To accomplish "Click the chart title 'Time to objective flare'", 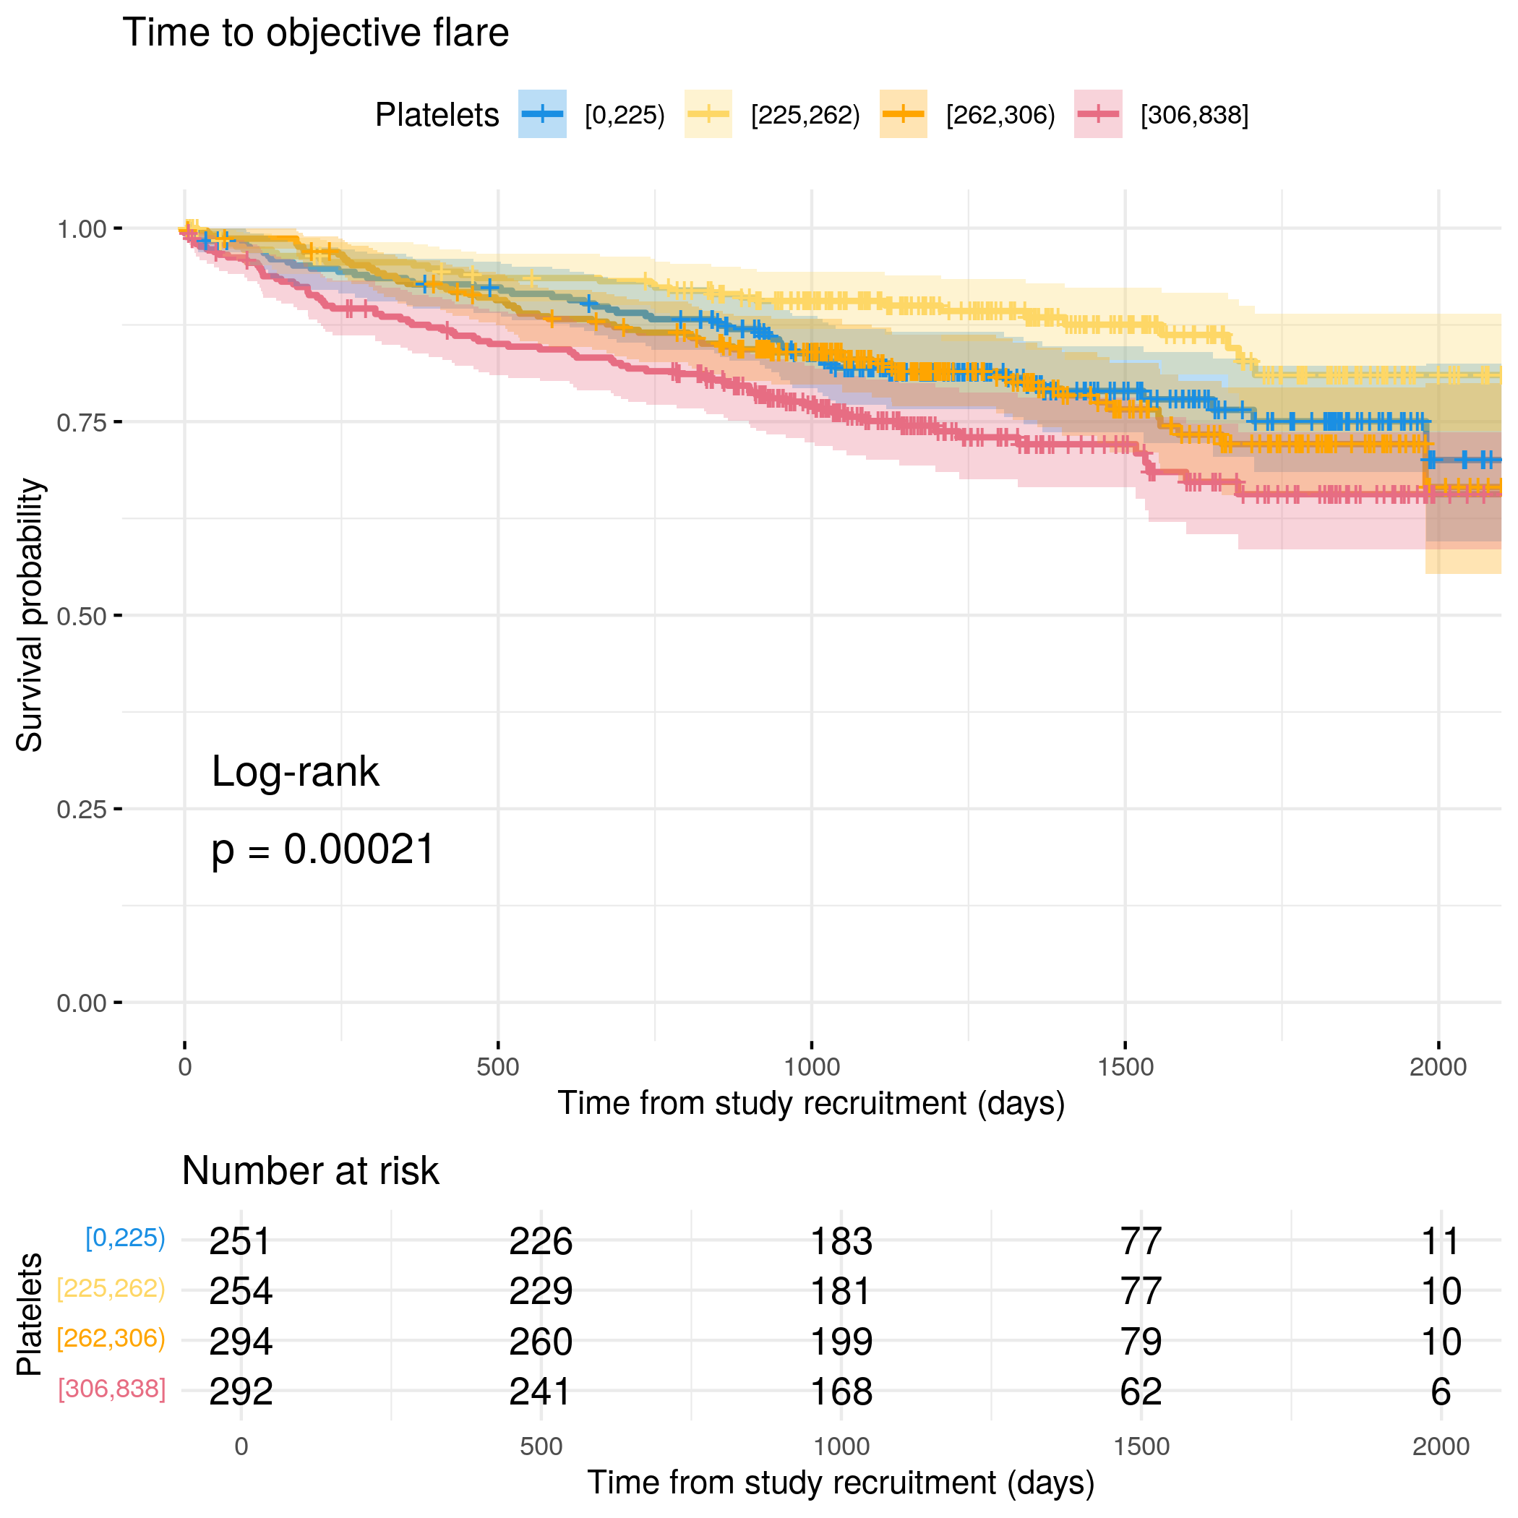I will (315, 33).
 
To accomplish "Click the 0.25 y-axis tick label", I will (81, 810).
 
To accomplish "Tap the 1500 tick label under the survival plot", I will (1125, 1067).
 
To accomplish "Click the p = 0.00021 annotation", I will (323, 850).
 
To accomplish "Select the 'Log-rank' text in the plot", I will (296, 771).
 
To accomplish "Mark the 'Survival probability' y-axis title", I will (30, 615).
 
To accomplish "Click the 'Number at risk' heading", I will (310, 1172).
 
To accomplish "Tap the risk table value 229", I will (541, 1292).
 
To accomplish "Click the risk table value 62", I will (1141, 1392).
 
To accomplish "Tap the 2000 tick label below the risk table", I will (1440, 1446).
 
